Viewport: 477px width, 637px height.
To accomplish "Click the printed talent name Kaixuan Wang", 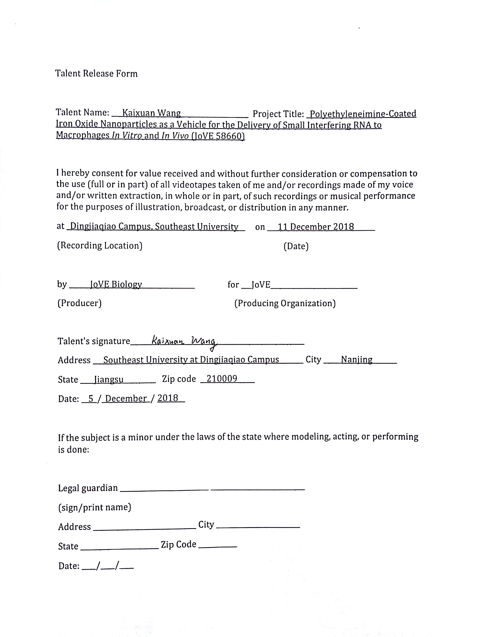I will [151, 113].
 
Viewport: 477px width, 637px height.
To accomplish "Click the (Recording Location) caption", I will [100, 246].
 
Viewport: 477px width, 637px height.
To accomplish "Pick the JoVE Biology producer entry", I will [116, 284].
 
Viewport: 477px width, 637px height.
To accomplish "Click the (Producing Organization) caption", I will [285, 303].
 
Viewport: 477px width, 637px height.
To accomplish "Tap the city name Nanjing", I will [356, 360].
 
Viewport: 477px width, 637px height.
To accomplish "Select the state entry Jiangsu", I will [109, 380].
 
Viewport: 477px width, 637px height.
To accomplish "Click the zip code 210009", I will [222, 379].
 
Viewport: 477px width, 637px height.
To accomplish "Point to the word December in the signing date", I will [126, 399].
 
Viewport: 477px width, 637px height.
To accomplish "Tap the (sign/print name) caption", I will [94, 507].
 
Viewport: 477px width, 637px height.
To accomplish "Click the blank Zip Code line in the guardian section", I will [218, 546].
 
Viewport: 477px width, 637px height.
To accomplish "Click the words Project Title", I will [278, 114].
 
